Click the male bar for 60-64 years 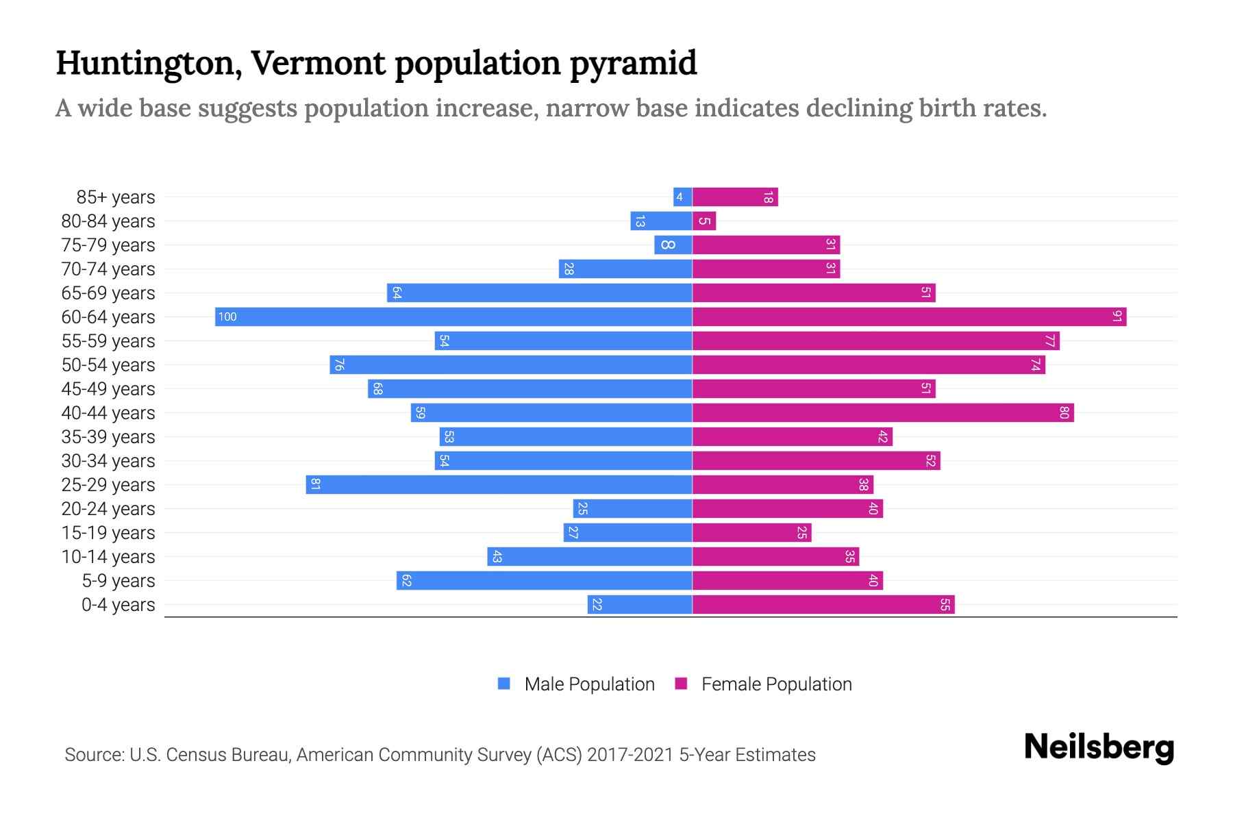[x=453, y=316]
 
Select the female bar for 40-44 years [x=882, y=412]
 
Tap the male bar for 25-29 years [x=499, y=484]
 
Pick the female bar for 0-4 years [x=823, y=604]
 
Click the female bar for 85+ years [x=735, y=197]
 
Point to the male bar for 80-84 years [x=661, y=221]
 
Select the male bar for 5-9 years [x=544, y=580]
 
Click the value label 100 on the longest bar [x=227, y=316]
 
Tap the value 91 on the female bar [x=1117, y=316]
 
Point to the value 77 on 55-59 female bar [x=1050, y=340]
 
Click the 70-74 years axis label [x=108, y=269]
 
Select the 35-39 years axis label [x=108, y=437]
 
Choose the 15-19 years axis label [x=108, y=533]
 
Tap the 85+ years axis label [x=116, y=197]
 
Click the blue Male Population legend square [x=504, y=684]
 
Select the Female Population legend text [x=776, y=684]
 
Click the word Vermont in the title [x=319, y=63]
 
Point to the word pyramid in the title [x=633, y=63]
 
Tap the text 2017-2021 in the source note [x=630, y=755]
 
